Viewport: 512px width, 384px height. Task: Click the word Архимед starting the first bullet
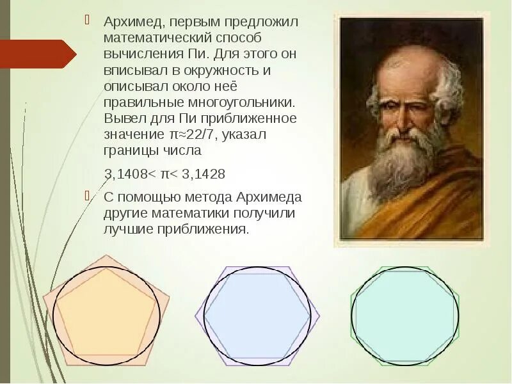[x=131, y=22]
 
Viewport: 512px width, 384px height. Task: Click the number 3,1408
[x=125, y=173]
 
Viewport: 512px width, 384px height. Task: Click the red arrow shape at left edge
[x=38, y=54]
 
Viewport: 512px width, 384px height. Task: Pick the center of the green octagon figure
[x=405, y=316]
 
